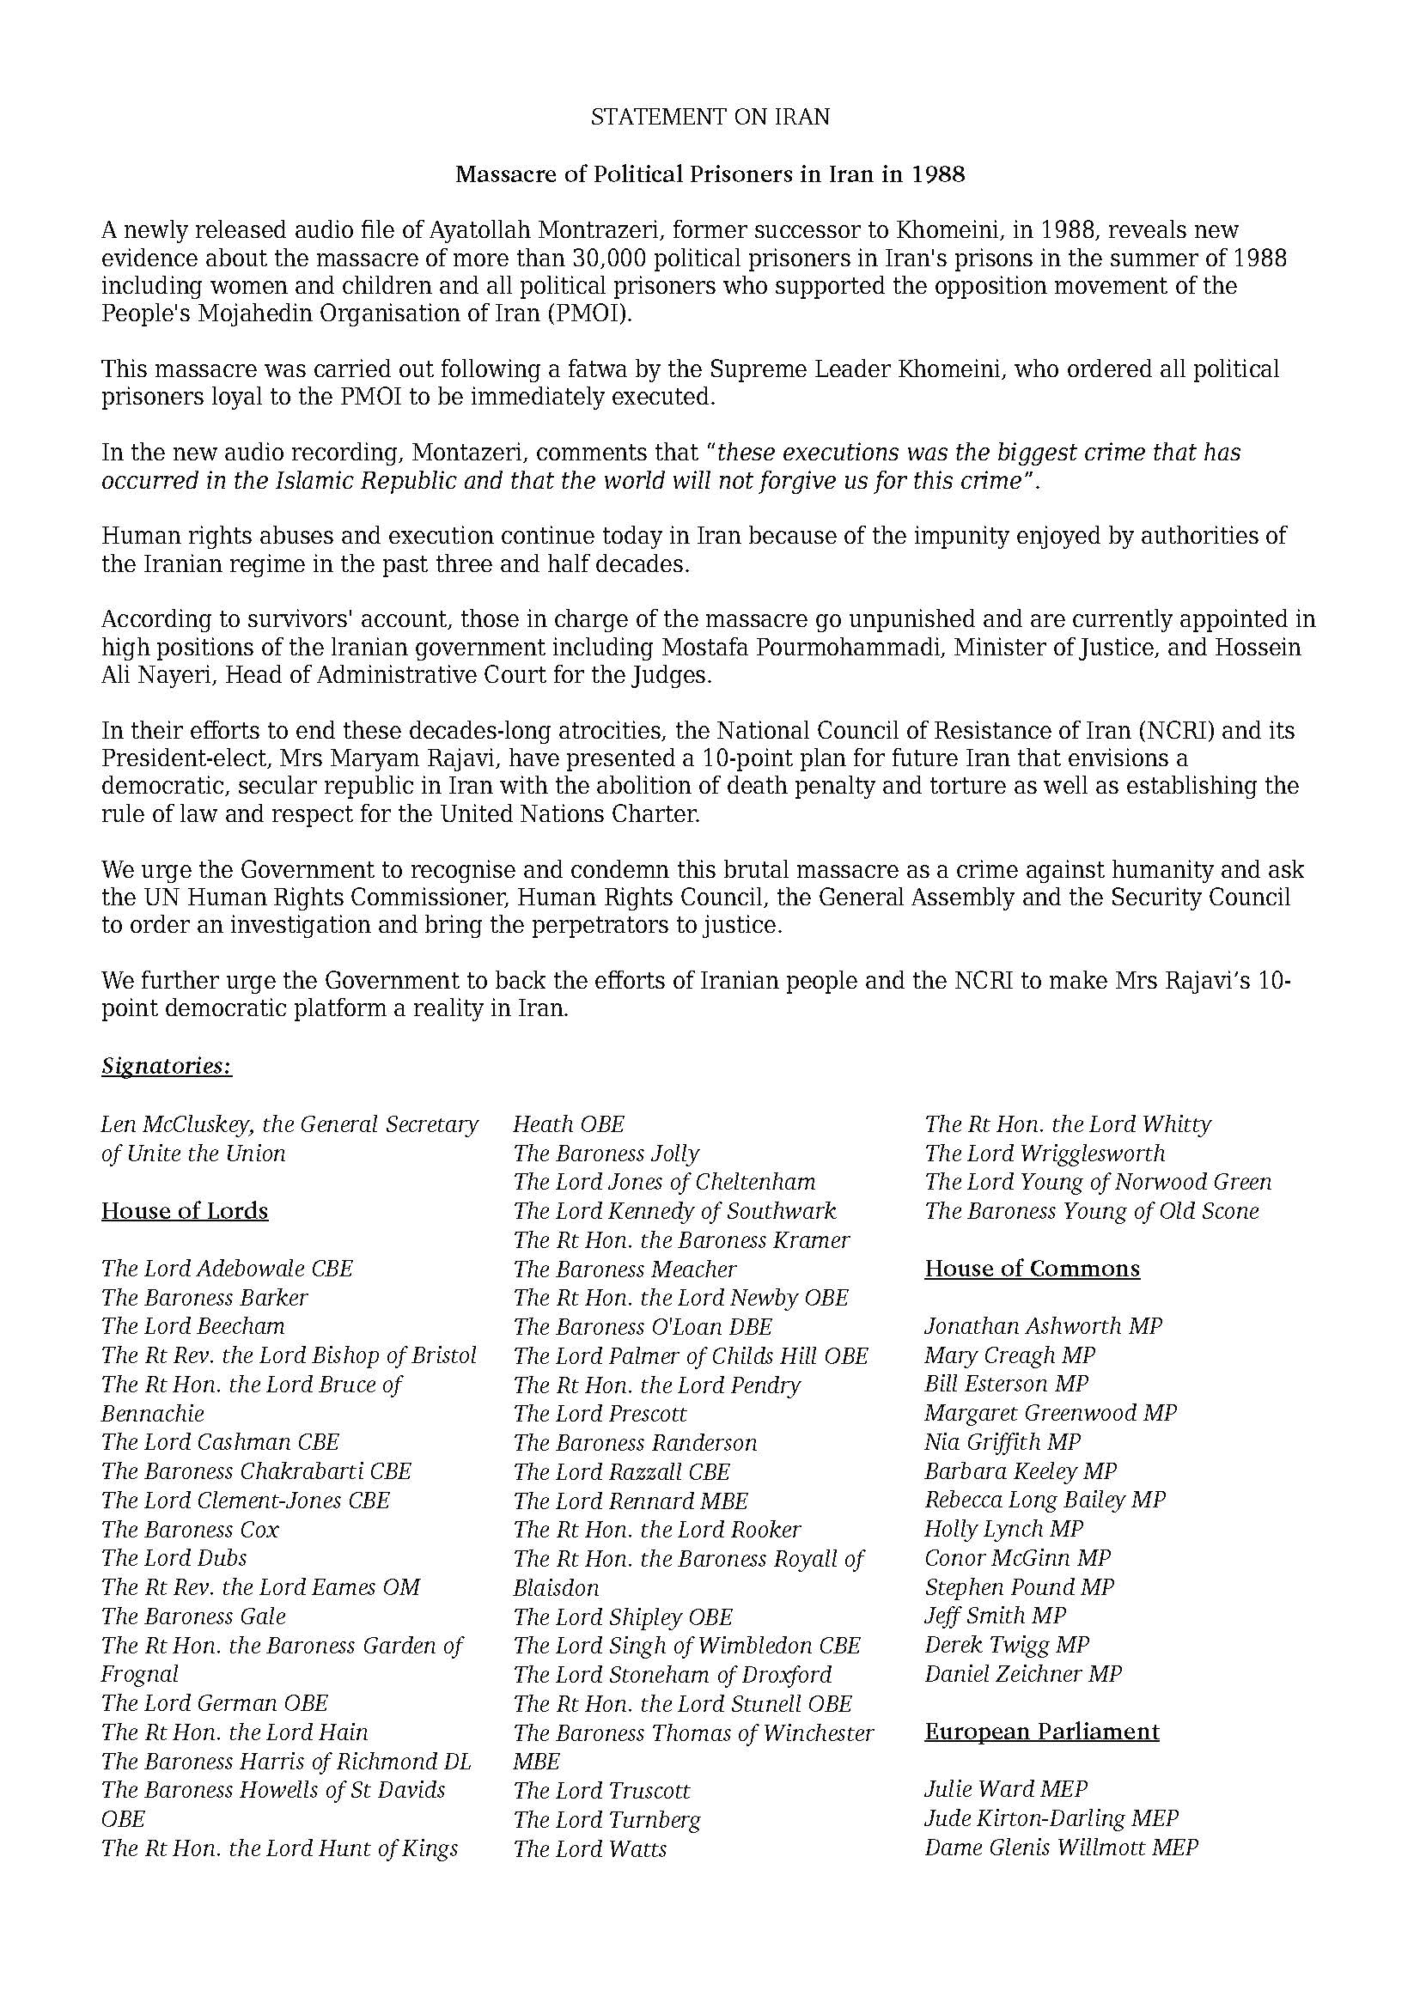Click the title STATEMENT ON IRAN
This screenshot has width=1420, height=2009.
(710, 118)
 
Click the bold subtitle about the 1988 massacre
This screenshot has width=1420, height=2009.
(710, 174)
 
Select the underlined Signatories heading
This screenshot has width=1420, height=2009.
(167, 1066)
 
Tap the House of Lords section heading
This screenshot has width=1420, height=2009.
(185, 1211)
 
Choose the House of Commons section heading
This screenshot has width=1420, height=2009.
(1033, 1269)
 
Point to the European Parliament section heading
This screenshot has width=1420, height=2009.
(1042, 1732)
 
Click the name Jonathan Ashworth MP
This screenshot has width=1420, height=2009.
(1043, 1326)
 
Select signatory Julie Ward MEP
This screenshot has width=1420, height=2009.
(1006, 1789)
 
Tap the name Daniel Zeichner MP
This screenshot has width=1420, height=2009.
(1023, 1674)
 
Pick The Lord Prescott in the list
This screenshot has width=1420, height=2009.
(600, 1414)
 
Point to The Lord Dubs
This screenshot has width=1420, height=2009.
(174, 1558)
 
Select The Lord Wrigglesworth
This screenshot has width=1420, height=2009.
(1045, 1154)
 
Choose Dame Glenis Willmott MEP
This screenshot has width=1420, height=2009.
(1061, 1848)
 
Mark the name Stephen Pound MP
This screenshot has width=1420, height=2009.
(1020, 1587)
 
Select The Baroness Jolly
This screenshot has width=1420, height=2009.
(606, 1154)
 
